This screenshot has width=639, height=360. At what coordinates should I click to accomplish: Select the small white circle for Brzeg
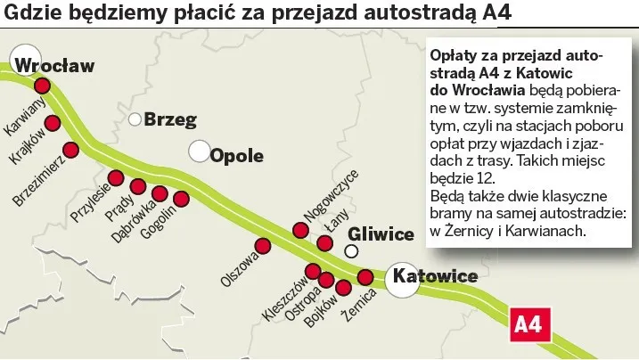click(x=135, y=119)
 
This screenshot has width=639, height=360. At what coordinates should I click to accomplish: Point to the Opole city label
click(x=237, y=156)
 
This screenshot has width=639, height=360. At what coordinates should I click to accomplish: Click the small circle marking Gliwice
click(x=352, y=251)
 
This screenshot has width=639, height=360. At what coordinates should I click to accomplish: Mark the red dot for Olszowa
click(x=263, y=246)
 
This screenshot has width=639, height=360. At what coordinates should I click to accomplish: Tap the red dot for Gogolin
click(x=182, y=199)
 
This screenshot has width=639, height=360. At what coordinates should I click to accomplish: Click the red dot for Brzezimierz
click(x=71, y=149)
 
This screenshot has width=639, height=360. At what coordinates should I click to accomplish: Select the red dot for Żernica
click(x=365, y=277)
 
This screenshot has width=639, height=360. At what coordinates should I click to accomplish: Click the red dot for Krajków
click(x=53, y=122)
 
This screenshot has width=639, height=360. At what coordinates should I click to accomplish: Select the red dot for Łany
click(x=325, y=243)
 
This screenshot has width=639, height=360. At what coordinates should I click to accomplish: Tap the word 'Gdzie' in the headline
click(x=32, y=15)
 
